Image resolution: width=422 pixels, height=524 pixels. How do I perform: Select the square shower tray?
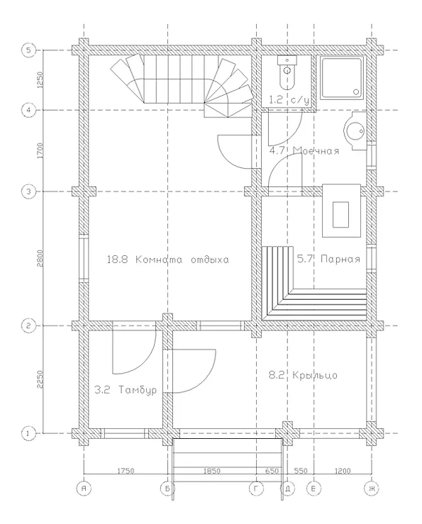click(342, 78)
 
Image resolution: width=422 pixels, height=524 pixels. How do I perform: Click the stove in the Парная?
click(341, 211)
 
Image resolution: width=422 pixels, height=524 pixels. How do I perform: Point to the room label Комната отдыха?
click(182, 260)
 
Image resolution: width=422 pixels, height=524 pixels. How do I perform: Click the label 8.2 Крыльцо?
click(303, 375)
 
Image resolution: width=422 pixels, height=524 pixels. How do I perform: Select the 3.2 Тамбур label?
click(126, 390)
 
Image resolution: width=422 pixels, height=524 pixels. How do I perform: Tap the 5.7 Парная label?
click(328, 259)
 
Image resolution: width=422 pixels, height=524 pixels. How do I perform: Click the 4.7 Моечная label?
click(304, 151)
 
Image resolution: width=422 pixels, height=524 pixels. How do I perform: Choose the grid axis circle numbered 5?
click(28, 50)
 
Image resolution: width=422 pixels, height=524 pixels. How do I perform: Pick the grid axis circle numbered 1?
click(28, 433)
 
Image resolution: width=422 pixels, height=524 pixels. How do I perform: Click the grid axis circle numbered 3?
click(28, 192)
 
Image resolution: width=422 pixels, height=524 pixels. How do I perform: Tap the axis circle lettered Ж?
click(371, 489)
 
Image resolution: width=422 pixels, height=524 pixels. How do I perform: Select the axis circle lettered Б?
click(167, 489)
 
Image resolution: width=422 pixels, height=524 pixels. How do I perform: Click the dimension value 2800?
click(40, 258)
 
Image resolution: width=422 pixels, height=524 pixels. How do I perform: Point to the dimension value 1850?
click(212, 471)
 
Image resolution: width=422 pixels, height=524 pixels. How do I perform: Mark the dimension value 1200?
click(343, 471)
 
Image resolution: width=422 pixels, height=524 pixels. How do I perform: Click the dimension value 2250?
click(40, 379)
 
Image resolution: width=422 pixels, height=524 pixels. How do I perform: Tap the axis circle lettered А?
click(84, 489)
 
